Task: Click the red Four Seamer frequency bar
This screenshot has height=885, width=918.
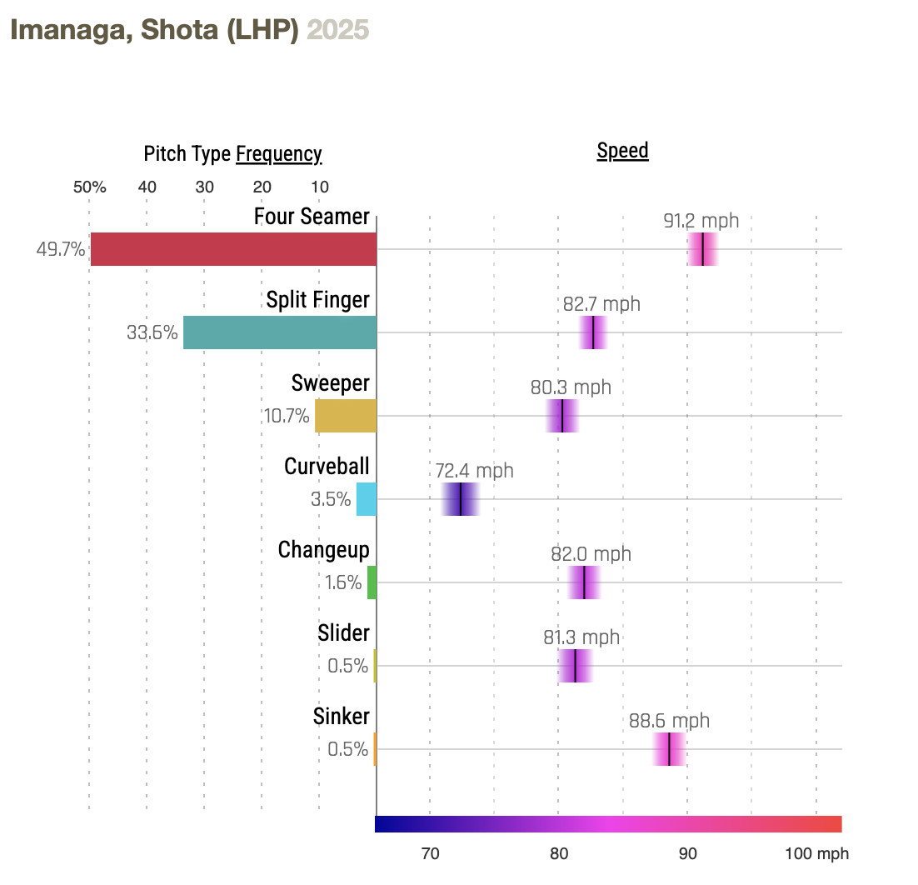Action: (x=233, y=249)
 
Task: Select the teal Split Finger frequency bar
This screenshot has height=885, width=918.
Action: (x=280, y=332)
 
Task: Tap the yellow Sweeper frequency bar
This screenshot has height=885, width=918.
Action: (x=346, y=416)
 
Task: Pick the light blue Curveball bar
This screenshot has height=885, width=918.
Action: (x=367, y=499)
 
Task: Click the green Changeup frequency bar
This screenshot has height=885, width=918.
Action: (x=372, y=582)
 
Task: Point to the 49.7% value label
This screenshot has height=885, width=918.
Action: (x=61, y=249)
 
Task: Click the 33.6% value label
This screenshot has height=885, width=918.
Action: (x=152, y=332)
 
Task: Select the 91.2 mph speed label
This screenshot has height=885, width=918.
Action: (x=701, y=221)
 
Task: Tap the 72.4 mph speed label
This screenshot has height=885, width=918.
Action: (x=474, y=471)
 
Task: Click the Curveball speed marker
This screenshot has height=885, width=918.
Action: (x=461, y=499)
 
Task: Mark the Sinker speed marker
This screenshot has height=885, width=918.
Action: (x=670, y=749)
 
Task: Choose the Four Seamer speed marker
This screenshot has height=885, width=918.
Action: (x=703, y=249)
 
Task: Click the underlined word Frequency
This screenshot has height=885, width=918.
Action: (x=279, y=154)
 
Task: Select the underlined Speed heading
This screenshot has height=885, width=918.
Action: (x=622, y=151)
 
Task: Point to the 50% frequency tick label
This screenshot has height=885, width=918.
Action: (x=89, y=187)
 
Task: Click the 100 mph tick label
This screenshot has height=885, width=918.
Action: (x=816, y=854)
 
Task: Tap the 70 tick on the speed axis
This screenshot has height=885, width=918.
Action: (x=430, y=854)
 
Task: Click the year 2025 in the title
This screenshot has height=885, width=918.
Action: (x=338, y=30)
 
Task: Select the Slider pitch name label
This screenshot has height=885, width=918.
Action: (x=343, y=633)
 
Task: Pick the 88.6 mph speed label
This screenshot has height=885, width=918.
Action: (x=669, y=721)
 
